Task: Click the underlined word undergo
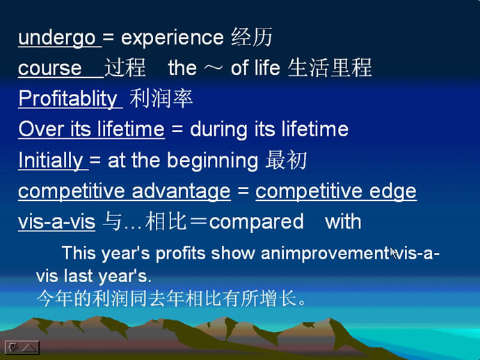pos(57,38)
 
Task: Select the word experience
pos(173,38)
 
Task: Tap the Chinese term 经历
pos(252,38)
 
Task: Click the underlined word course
pos(50,68)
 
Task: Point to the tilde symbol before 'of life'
pos(214,68)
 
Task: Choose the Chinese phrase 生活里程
pos(330,67)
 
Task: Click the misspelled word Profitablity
pos(68,99)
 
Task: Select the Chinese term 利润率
pos(161,99)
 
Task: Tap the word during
pos(218,129)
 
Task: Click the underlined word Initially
pos(51,160)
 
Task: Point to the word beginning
pos(212,161)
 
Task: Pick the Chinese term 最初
pos(286,160)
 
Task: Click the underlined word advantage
pos(181,191)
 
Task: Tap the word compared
pos(257,222)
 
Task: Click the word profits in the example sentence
pos(181,254)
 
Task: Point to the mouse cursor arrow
pos(394,253)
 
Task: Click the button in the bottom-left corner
pos(22,347)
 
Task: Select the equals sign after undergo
pos(108,38)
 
